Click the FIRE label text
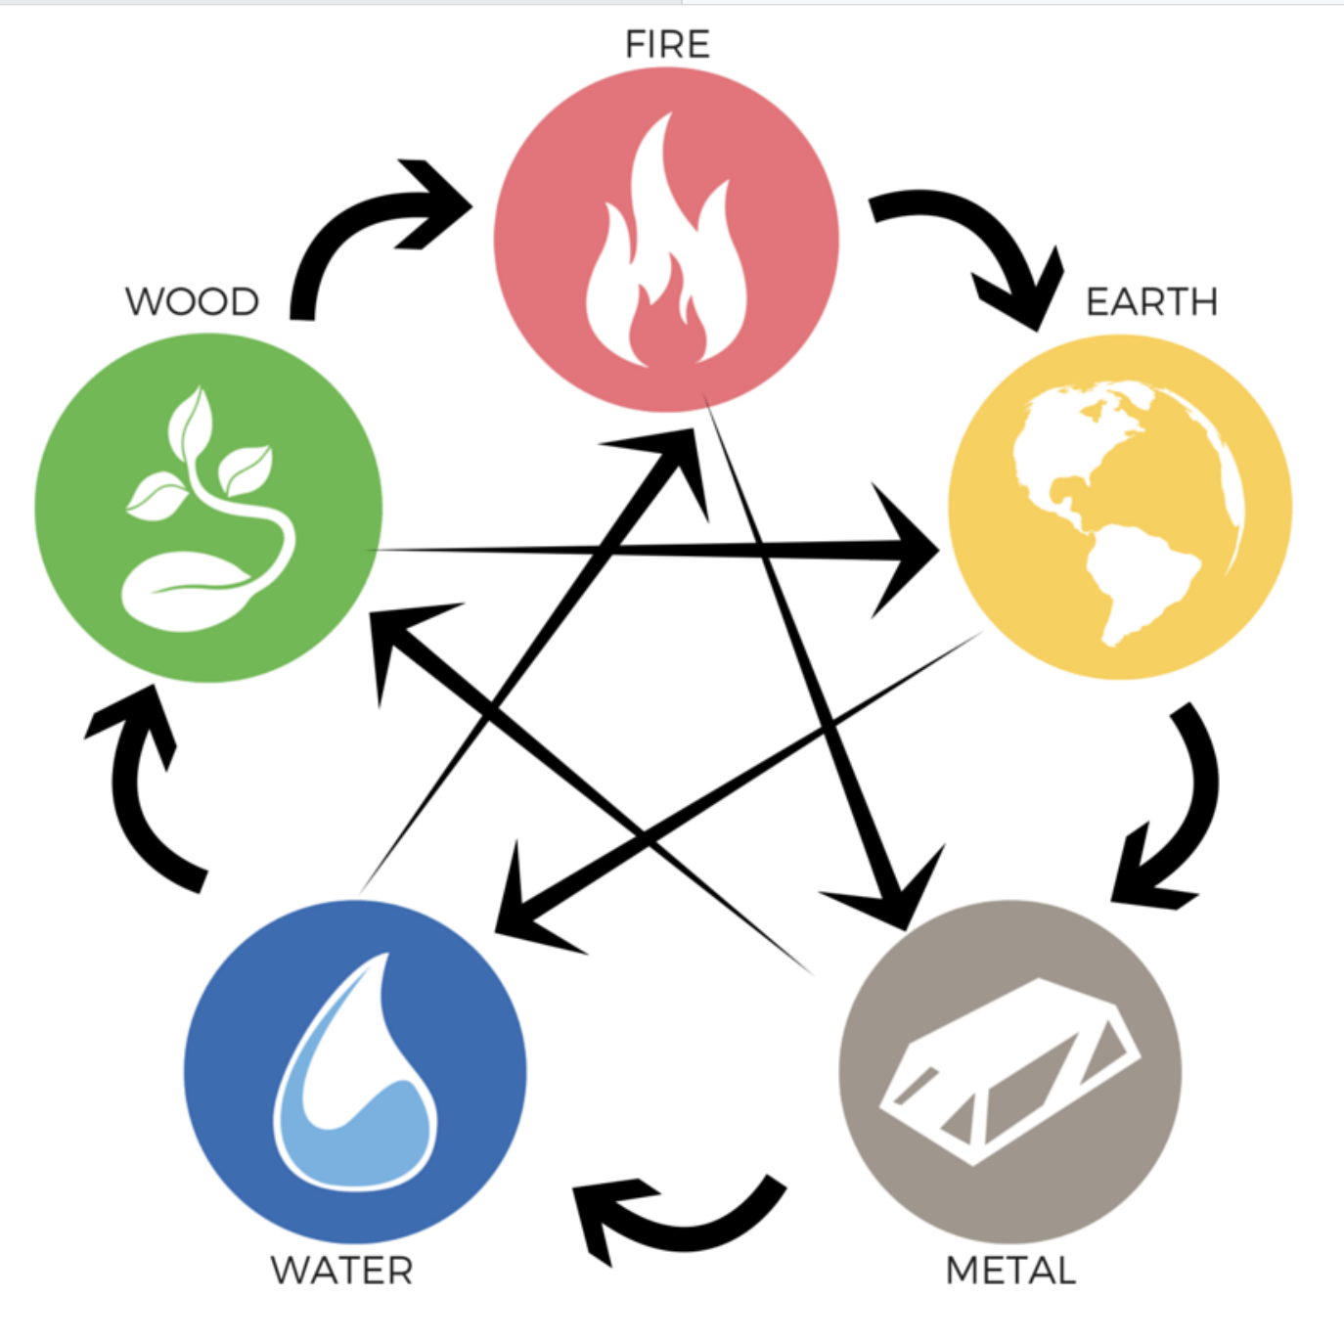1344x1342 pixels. (667, 45)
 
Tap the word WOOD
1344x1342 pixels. (193, 301)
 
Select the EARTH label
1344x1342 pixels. (1151, 301)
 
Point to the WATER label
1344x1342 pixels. (342, 1271)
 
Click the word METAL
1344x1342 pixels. (1010, 1271)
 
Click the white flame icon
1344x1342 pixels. (665, 254)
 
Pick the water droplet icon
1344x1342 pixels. (354, 1076)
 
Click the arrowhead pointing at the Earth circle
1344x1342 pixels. (905, 553)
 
